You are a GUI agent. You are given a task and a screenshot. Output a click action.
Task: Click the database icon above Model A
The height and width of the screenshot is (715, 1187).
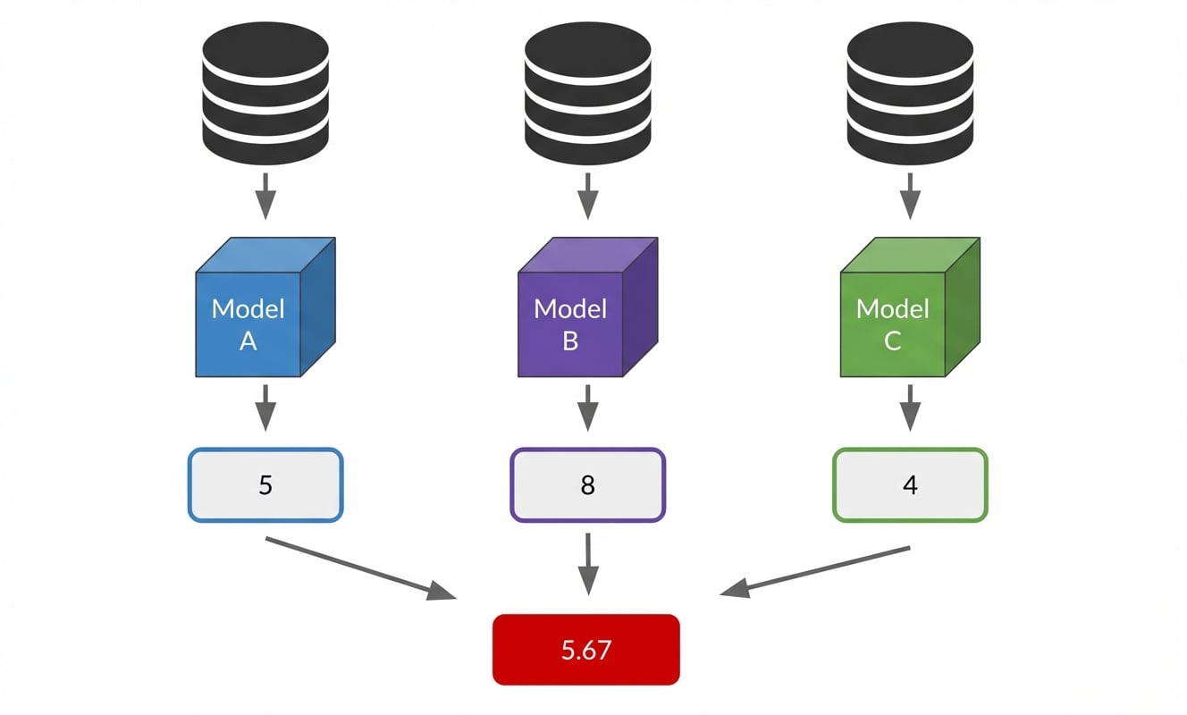pos(265,89)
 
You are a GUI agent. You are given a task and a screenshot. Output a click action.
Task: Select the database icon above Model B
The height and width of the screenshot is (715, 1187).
pos(587,89)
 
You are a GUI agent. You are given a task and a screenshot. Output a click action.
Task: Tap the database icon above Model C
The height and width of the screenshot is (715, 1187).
pos(909,89)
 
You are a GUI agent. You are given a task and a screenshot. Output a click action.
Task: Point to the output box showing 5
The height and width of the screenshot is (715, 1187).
pos(265,485)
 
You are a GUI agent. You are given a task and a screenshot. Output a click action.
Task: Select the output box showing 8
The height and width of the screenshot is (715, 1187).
pos(587,485)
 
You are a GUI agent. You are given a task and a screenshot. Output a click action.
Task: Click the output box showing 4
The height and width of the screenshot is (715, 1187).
pos(910,485)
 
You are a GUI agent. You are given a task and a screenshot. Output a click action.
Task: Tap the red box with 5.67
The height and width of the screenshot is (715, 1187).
pos(586,650)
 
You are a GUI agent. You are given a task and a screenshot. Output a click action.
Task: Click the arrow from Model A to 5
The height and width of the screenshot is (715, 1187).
pos(265,408)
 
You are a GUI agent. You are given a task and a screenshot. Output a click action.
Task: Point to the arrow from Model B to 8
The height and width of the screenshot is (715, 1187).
pos(587,408)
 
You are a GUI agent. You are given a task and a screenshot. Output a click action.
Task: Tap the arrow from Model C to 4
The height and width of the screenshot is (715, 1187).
pos(910,408)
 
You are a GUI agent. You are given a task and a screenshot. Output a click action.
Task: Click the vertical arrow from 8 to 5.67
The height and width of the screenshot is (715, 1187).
pos(587,563)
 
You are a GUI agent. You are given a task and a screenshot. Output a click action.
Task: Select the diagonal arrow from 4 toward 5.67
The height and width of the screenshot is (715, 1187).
pos(815,569)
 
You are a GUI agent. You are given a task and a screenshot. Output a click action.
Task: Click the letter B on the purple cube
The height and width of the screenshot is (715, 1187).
pos(570,341)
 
